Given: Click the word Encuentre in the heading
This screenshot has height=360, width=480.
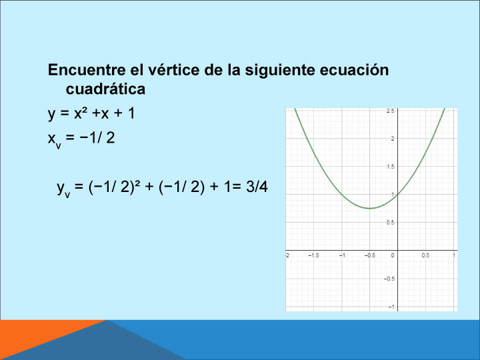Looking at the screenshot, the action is (x=87, y=70).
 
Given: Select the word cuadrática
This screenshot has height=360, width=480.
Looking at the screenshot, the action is (x=105, y=89).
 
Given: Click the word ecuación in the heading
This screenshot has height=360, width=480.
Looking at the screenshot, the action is (x=354, y=70).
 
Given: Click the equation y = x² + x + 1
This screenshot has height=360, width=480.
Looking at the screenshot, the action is (x=91, y=113).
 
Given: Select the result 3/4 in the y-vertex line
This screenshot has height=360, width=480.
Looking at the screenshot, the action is (x=257, y=187).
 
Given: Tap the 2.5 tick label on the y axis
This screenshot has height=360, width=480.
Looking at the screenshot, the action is (x=390, y=111).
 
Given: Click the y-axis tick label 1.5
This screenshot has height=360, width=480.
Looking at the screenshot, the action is (x=390, y=167).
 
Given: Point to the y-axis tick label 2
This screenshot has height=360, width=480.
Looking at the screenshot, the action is (x=393, y=139).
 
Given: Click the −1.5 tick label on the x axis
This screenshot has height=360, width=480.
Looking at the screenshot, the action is (x=313, y=255).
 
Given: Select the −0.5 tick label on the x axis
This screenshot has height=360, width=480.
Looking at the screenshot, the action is (x=370, y=255).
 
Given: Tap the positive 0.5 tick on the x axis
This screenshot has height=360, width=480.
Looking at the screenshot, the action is (x=425, y=255).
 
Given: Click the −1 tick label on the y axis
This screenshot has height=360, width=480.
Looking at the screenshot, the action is (x=391, y=307).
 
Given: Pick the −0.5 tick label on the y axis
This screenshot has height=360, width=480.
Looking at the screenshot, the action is (x=389, y=279).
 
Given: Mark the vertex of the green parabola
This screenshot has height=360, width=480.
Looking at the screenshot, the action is (x=370, y=209).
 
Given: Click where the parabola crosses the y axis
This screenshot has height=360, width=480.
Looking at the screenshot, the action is (x=397, y=195).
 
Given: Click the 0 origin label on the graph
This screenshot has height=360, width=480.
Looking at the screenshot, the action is (x=393, y=255).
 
